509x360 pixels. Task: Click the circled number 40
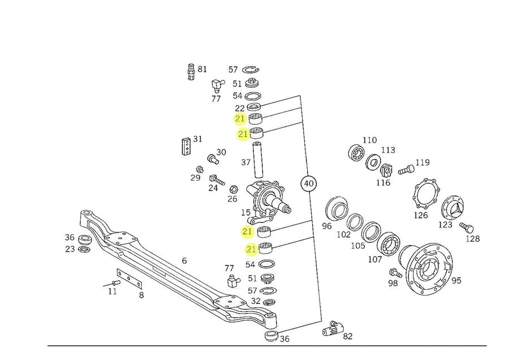[x=309, y=184]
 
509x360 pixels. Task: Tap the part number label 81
[x=202, y=69]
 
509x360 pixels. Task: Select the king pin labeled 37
[x=258, y=160]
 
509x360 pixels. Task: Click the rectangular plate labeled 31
[x=186, y=146]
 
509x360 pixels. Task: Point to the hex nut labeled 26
[x=234, y=188]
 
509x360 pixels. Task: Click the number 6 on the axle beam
[x=184, y=260]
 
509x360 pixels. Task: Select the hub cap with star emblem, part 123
[x=452, y=207]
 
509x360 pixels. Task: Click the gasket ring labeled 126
[x=426, y=194]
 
